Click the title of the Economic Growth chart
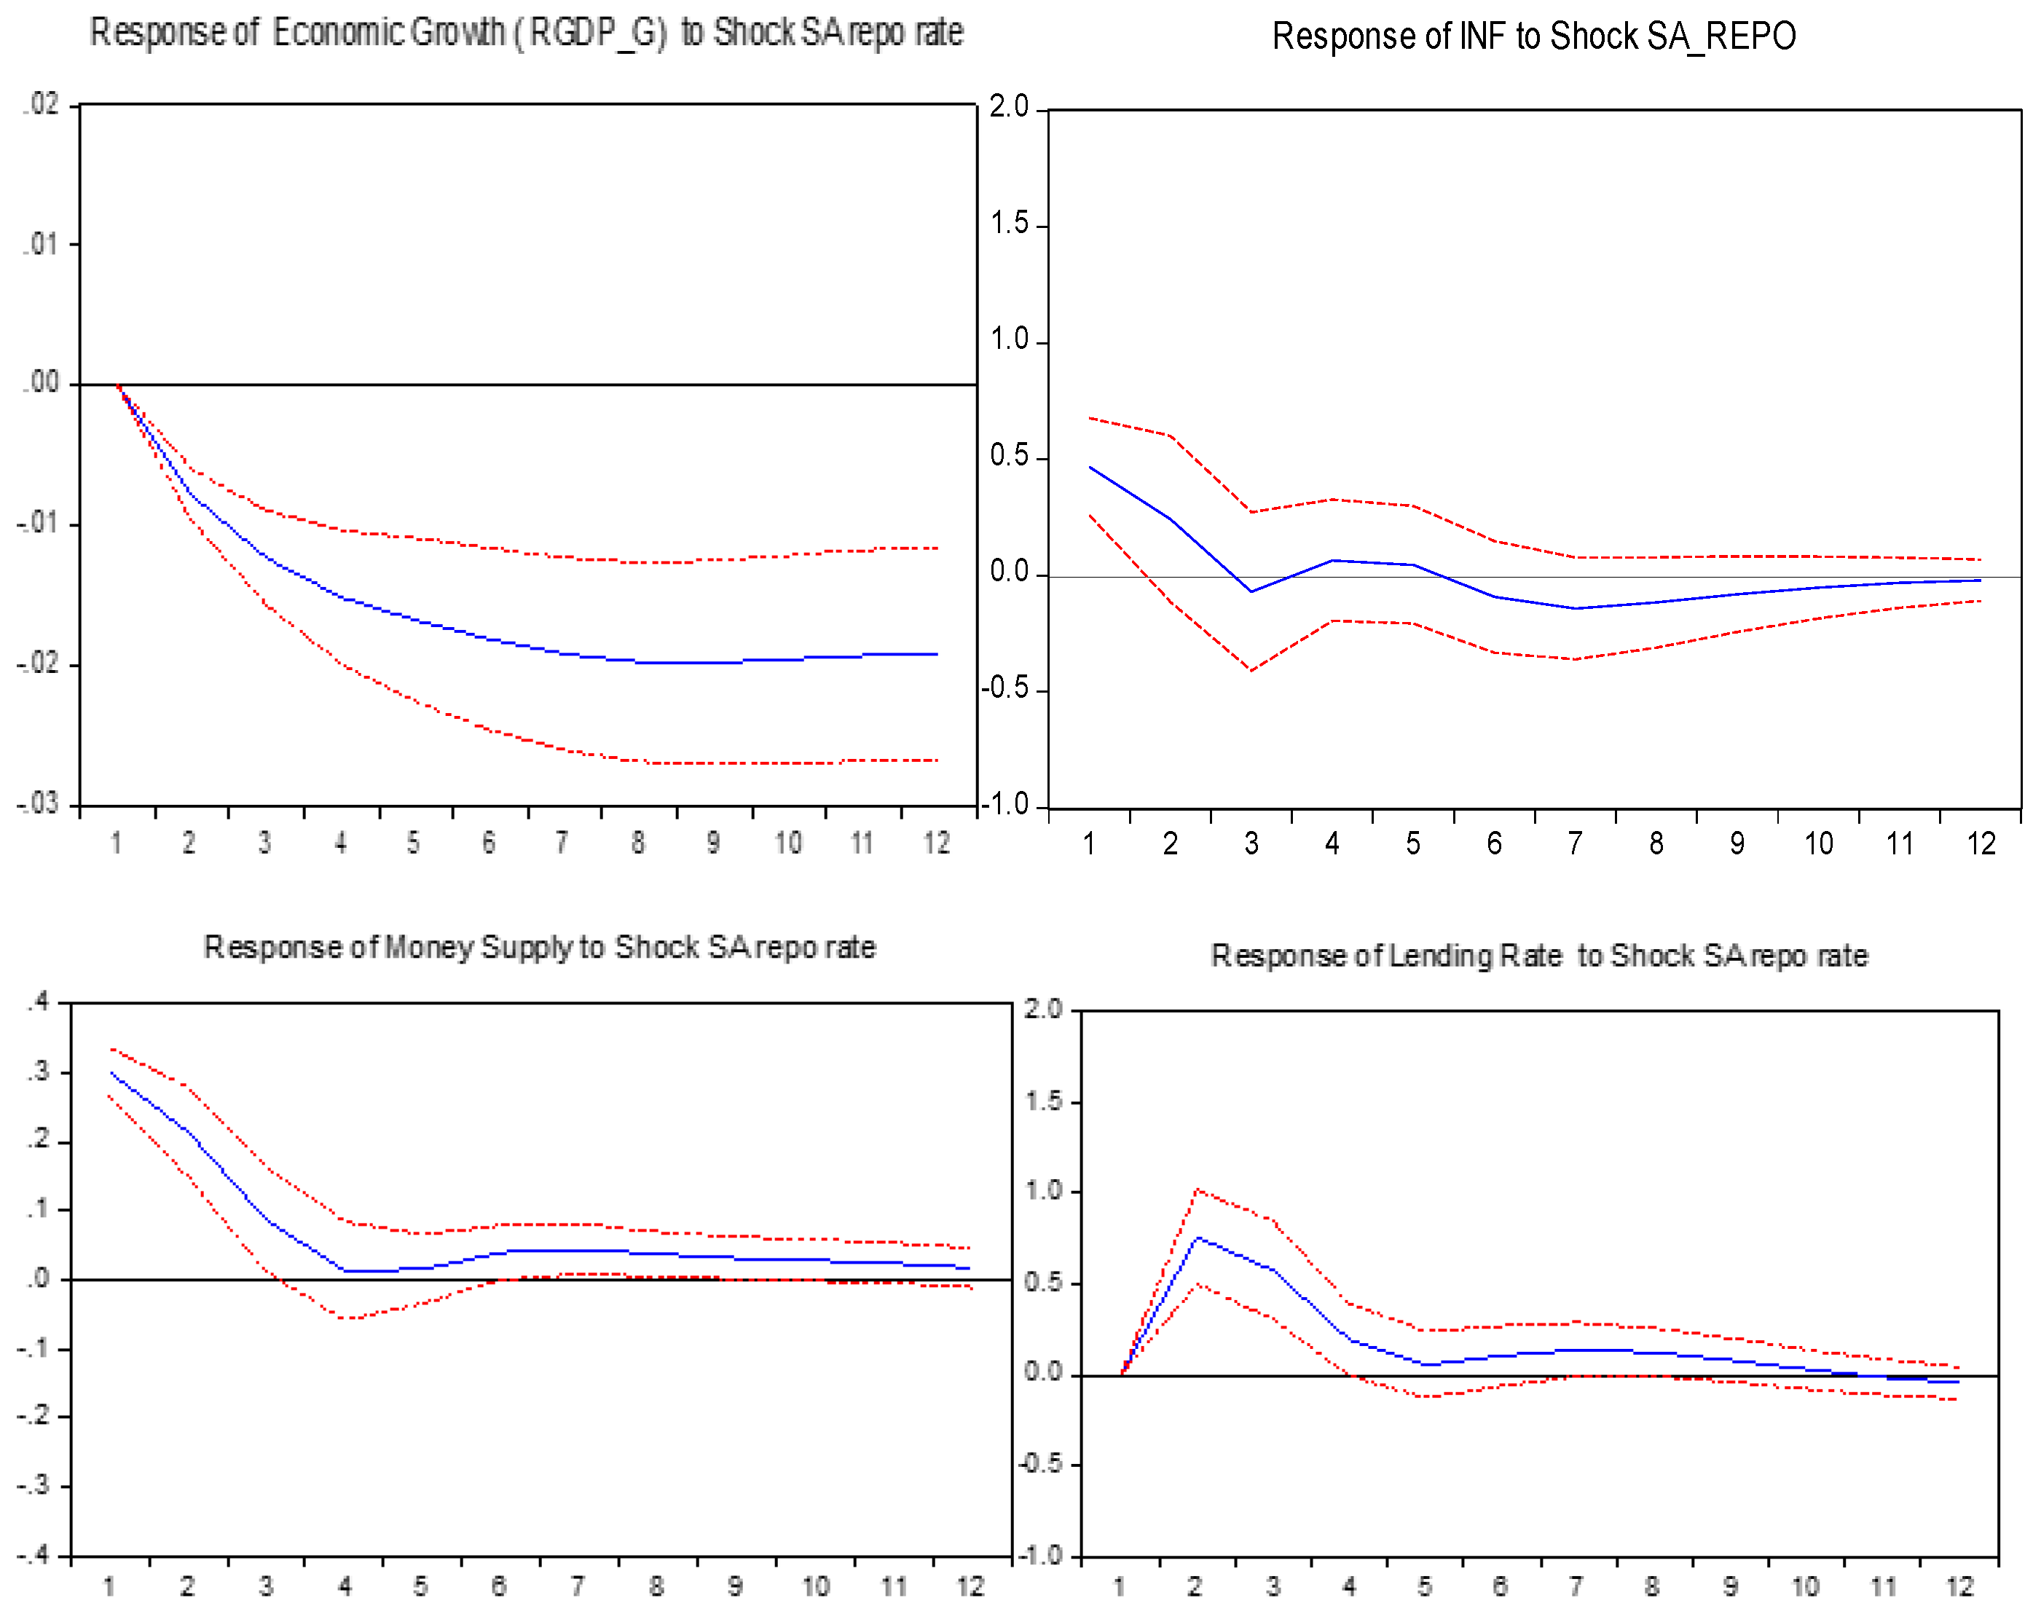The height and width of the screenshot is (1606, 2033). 526,33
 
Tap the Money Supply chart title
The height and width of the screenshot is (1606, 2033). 539,947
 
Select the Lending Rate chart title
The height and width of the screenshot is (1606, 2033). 1538,956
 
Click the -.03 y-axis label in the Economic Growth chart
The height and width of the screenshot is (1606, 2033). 38,804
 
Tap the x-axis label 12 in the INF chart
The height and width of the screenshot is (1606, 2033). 1981,843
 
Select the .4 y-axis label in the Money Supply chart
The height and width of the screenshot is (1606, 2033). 39,1001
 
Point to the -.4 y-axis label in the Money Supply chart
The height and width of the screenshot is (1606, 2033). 35,1555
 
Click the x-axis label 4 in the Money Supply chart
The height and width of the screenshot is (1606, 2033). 345,1586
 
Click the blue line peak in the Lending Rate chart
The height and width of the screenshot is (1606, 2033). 1197,1237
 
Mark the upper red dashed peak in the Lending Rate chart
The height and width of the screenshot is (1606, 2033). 1197,1189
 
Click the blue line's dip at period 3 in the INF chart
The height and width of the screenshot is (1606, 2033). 1251,591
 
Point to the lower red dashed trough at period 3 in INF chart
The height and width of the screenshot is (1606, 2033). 1251,670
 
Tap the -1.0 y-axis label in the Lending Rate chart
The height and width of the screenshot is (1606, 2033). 1040,1555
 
